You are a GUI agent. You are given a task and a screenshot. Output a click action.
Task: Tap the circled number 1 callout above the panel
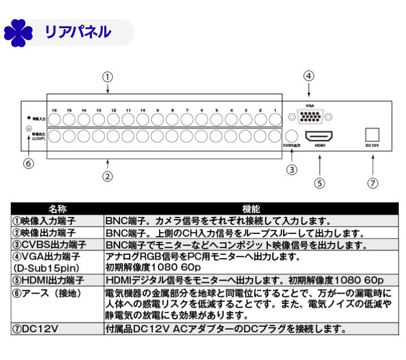point(108,76)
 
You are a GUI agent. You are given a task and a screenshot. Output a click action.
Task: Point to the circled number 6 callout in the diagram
point(29,164)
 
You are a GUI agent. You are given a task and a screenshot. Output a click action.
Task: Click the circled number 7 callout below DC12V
point(373,182)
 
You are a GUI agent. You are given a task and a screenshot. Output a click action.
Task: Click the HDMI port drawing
point(319,136)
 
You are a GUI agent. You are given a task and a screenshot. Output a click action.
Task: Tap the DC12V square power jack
point(372,134)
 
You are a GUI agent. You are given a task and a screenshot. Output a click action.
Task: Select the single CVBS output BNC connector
point(292,136)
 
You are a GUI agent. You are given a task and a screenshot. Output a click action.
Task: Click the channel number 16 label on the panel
point(54,110)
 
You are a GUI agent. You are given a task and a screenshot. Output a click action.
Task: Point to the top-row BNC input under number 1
point(275,119)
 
